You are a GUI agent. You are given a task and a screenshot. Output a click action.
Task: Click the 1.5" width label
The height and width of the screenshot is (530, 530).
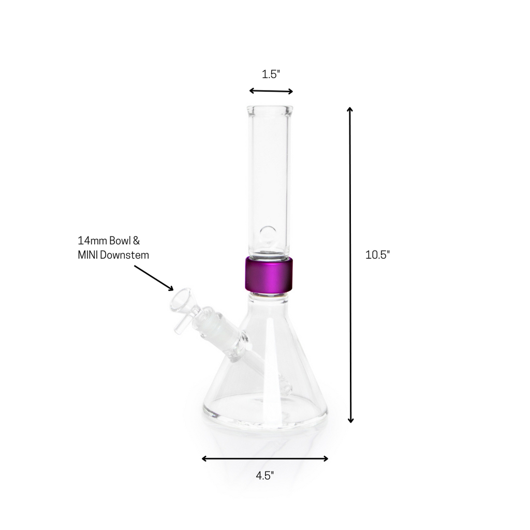[270, 74]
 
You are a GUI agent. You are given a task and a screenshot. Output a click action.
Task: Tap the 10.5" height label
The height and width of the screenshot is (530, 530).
[377, 254]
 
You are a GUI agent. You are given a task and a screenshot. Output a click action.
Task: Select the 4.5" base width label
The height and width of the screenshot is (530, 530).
[264, 476]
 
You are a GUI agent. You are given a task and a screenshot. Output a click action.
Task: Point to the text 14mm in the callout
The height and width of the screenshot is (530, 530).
[91, 241]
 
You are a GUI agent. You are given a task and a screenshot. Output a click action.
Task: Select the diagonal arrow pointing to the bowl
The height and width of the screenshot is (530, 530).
[154, 278]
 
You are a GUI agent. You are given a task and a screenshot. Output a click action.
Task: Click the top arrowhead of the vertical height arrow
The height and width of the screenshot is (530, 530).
[350, 110]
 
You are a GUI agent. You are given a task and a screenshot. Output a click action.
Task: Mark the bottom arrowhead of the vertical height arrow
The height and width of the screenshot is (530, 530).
[350, 420]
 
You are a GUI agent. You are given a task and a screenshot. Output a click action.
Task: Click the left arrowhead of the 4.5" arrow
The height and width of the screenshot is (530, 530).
[204, 458]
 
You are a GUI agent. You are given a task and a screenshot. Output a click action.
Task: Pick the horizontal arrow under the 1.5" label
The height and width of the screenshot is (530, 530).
[271, 91]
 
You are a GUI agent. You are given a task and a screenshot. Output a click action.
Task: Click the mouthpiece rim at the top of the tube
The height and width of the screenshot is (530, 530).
[269, 110]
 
